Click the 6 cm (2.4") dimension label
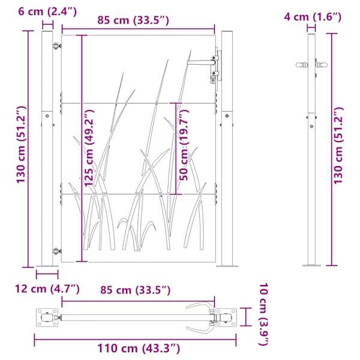[47, 11]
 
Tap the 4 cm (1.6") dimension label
[313, 17]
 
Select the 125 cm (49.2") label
[89, 148]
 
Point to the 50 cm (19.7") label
[184, 145]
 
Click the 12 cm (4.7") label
[47, 289]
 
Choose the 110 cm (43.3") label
[139, 348]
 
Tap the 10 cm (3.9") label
[264, 314]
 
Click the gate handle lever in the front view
[200, 62]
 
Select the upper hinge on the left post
[56, 46]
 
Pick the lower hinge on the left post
[56, 251]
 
